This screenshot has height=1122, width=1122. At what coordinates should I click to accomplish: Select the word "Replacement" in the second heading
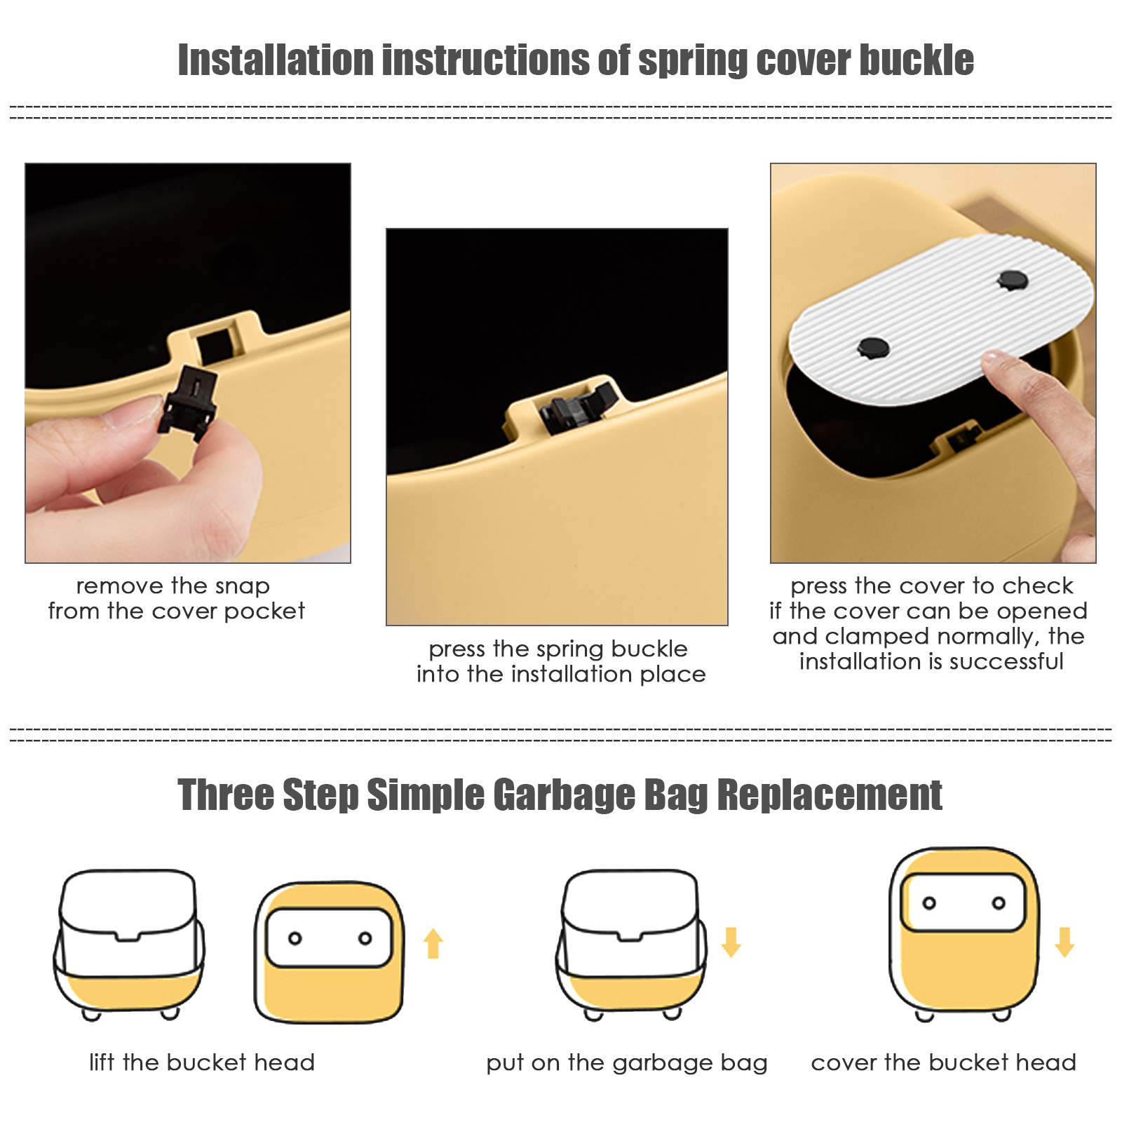point(830,795)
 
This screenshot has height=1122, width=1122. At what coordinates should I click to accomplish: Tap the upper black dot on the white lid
point(1013,280)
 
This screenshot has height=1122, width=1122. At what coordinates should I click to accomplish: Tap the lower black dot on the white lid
point(874,347)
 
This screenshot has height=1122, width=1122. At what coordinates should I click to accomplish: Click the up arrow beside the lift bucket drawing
point(433,943)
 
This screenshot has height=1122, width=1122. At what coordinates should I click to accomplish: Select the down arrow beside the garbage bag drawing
point(731,942)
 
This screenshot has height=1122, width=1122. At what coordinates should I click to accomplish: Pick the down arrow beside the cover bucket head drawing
point(1064,942)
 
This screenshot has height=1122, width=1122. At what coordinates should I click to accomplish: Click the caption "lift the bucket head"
point(202,1062)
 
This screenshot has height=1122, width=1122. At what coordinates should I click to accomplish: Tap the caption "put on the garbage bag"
point(627,1063)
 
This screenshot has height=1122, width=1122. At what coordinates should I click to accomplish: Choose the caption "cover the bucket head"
point(943,1062)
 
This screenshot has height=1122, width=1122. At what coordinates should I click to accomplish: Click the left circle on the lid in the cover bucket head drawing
point(929,903)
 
